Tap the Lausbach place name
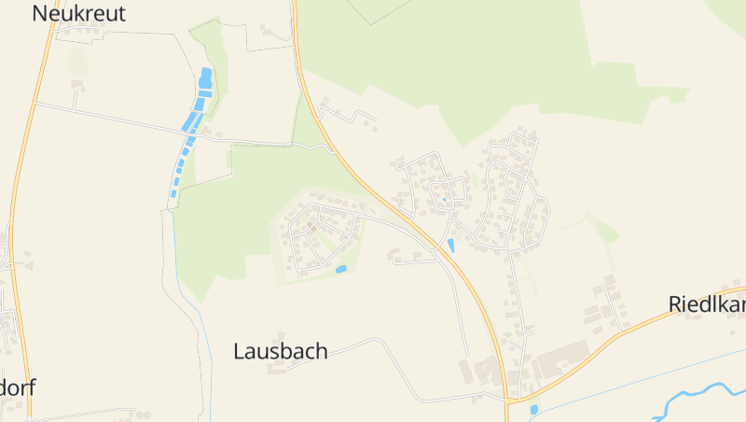(280, 351)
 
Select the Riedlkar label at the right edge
(707, 304)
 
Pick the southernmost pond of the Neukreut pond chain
(173, 194)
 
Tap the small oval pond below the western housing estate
(341, 269)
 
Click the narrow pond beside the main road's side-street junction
(451, 246)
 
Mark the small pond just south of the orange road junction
(533, 409)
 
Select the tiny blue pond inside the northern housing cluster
(445, 198)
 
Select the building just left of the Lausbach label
(276, 367)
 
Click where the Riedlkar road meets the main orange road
(508, 399)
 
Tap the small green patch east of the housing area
(604, 229)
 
